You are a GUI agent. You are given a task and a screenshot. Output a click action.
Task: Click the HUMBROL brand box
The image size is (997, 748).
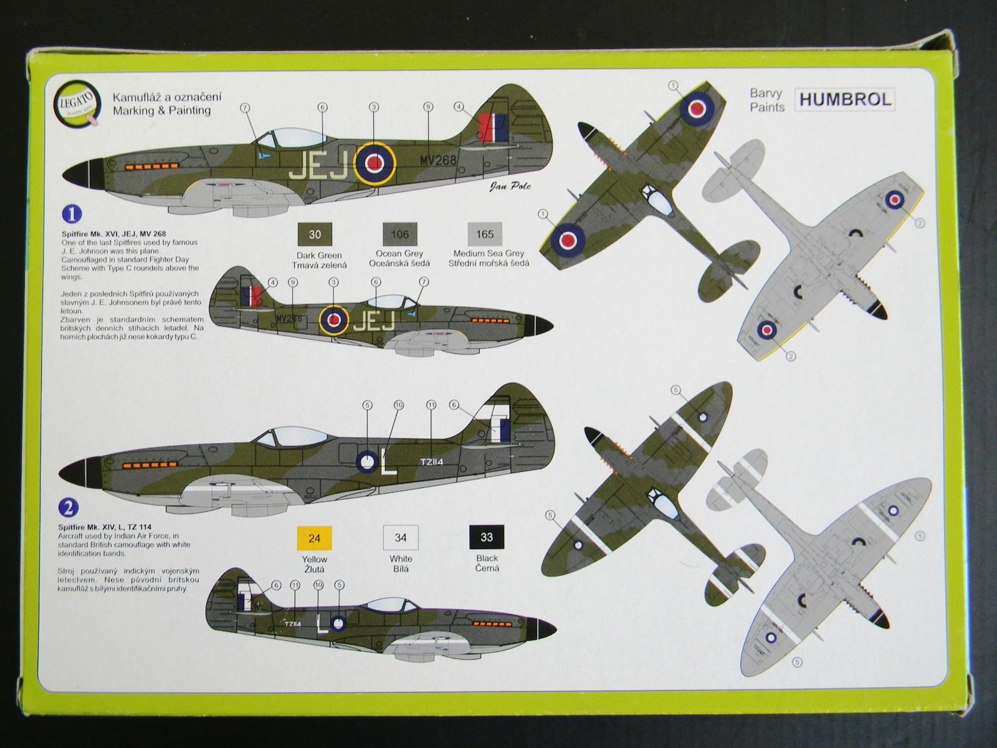click(x=844, y=100)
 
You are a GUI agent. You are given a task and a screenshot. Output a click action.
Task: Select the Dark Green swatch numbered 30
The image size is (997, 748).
click(x=315, y=234)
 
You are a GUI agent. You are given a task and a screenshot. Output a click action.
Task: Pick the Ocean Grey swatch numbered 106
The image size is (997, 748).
click(x=399, y=234)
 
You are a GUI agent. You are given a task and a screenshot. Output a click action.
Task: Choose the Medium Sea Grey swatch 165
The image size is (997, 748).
click(x=485, y=234)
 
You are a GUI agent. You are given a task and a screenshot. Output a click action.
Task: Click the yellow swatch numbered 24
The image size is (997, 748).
click(x=314, y=538)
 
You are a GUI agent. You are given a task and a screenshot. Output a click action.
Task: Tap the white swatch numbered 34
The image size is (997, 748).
click(x=401, y=537)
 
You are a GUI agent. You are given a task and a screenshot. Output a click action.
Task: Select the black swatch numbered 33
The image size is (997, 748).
click(x=487, y=537)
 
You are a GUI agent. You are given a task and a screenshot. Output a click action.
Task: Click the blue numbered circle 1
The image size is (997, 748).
click(x=72, y=214)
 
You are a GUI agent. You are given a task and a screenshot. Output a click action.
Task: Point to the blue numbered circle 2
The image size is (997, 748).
click(x=69, y=507)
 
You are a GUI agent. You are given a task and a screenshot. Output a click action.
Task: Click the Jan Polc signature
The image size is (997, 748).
click(x=510, y=186)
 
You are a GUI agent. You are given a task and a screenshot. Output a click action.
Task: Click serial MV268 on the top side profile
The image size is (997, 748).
click(x=437, y=160)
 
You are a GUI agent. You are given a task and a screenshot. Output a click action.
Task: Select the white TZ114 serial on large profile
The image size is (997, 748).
click(x=431, y=462)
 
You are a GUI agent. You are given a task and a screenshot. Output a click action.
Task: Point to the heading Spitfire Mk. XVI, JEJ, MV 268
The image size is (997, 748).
click(x=113, y=234)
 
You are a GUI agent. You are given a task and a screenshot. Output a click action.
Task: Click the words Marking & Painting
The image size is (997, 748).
click(x=161, y=111)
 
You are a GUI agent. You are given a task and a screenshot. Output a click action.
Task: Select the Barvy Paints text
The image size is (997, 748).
click(x=766, y=100)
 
